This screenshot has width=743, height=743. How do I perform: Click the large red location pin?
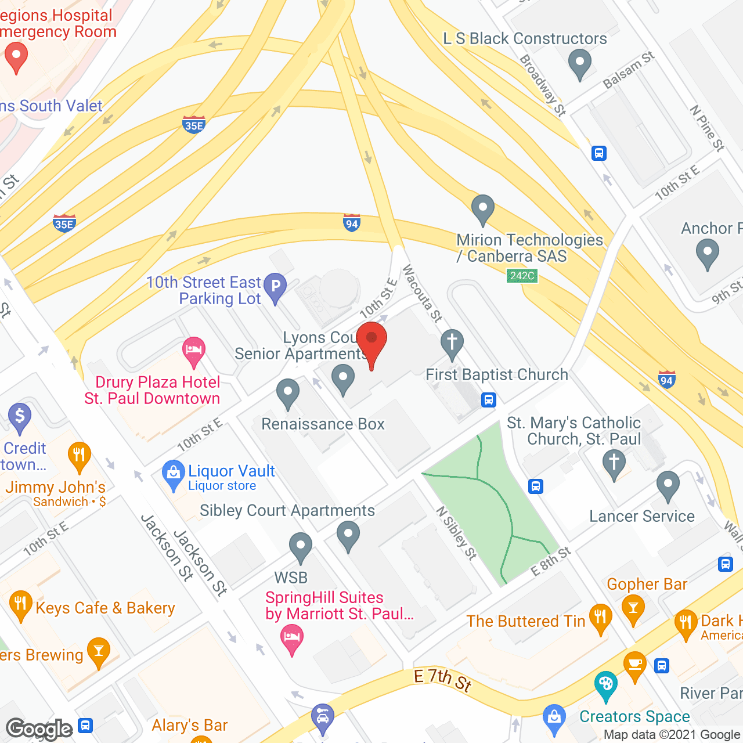click(371, 342)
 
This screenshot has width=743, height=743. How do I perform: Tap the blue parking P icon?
click(275, 287)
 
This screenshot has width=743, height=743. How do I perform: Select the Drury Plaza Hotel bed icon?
click(193, 351)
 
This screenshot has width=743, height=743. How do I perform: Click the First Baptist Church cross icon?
click(452, 342)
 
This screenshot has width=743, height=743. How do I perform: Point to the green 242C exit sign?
click(522, 276)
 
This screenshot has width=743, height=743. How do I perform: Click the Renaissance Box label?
click(323, 424)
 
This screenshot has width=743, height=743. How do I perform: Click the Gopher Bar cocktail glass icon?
click(633, 609)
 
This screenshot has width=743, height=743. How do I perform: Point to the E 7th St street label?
click(443, 679)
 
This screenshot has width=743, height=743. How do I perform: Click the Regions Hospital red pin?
click(16, 59)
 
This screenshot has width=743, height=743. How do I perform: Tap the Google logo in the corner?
click(39, 728)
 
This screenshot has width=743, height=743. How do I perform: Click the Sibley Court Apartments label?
click(287, 511)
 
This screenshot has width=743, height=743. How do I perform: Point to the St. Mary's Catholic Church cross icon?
click(614, 465)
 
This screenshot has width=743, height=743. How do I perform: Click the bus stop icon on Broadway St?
click(599, 153)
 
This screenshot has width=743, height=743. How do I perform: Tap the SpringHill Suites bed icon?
click(291, 639)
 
